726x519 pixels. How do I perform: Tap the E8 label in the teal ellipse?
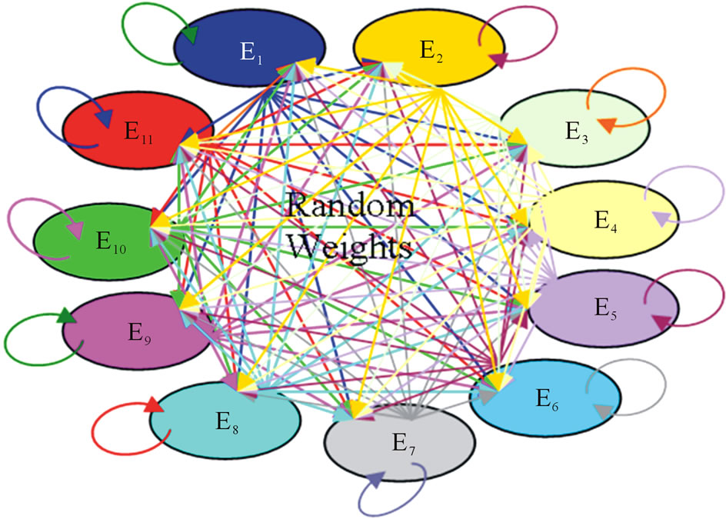pyautogui.click(x=227, y=421)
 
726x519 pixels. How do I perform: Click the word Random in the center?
pyautogui.click(x=351, y=207)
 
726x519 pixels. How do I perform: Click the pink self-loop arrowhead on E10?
pyautogui.click(x=75, y=230)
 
